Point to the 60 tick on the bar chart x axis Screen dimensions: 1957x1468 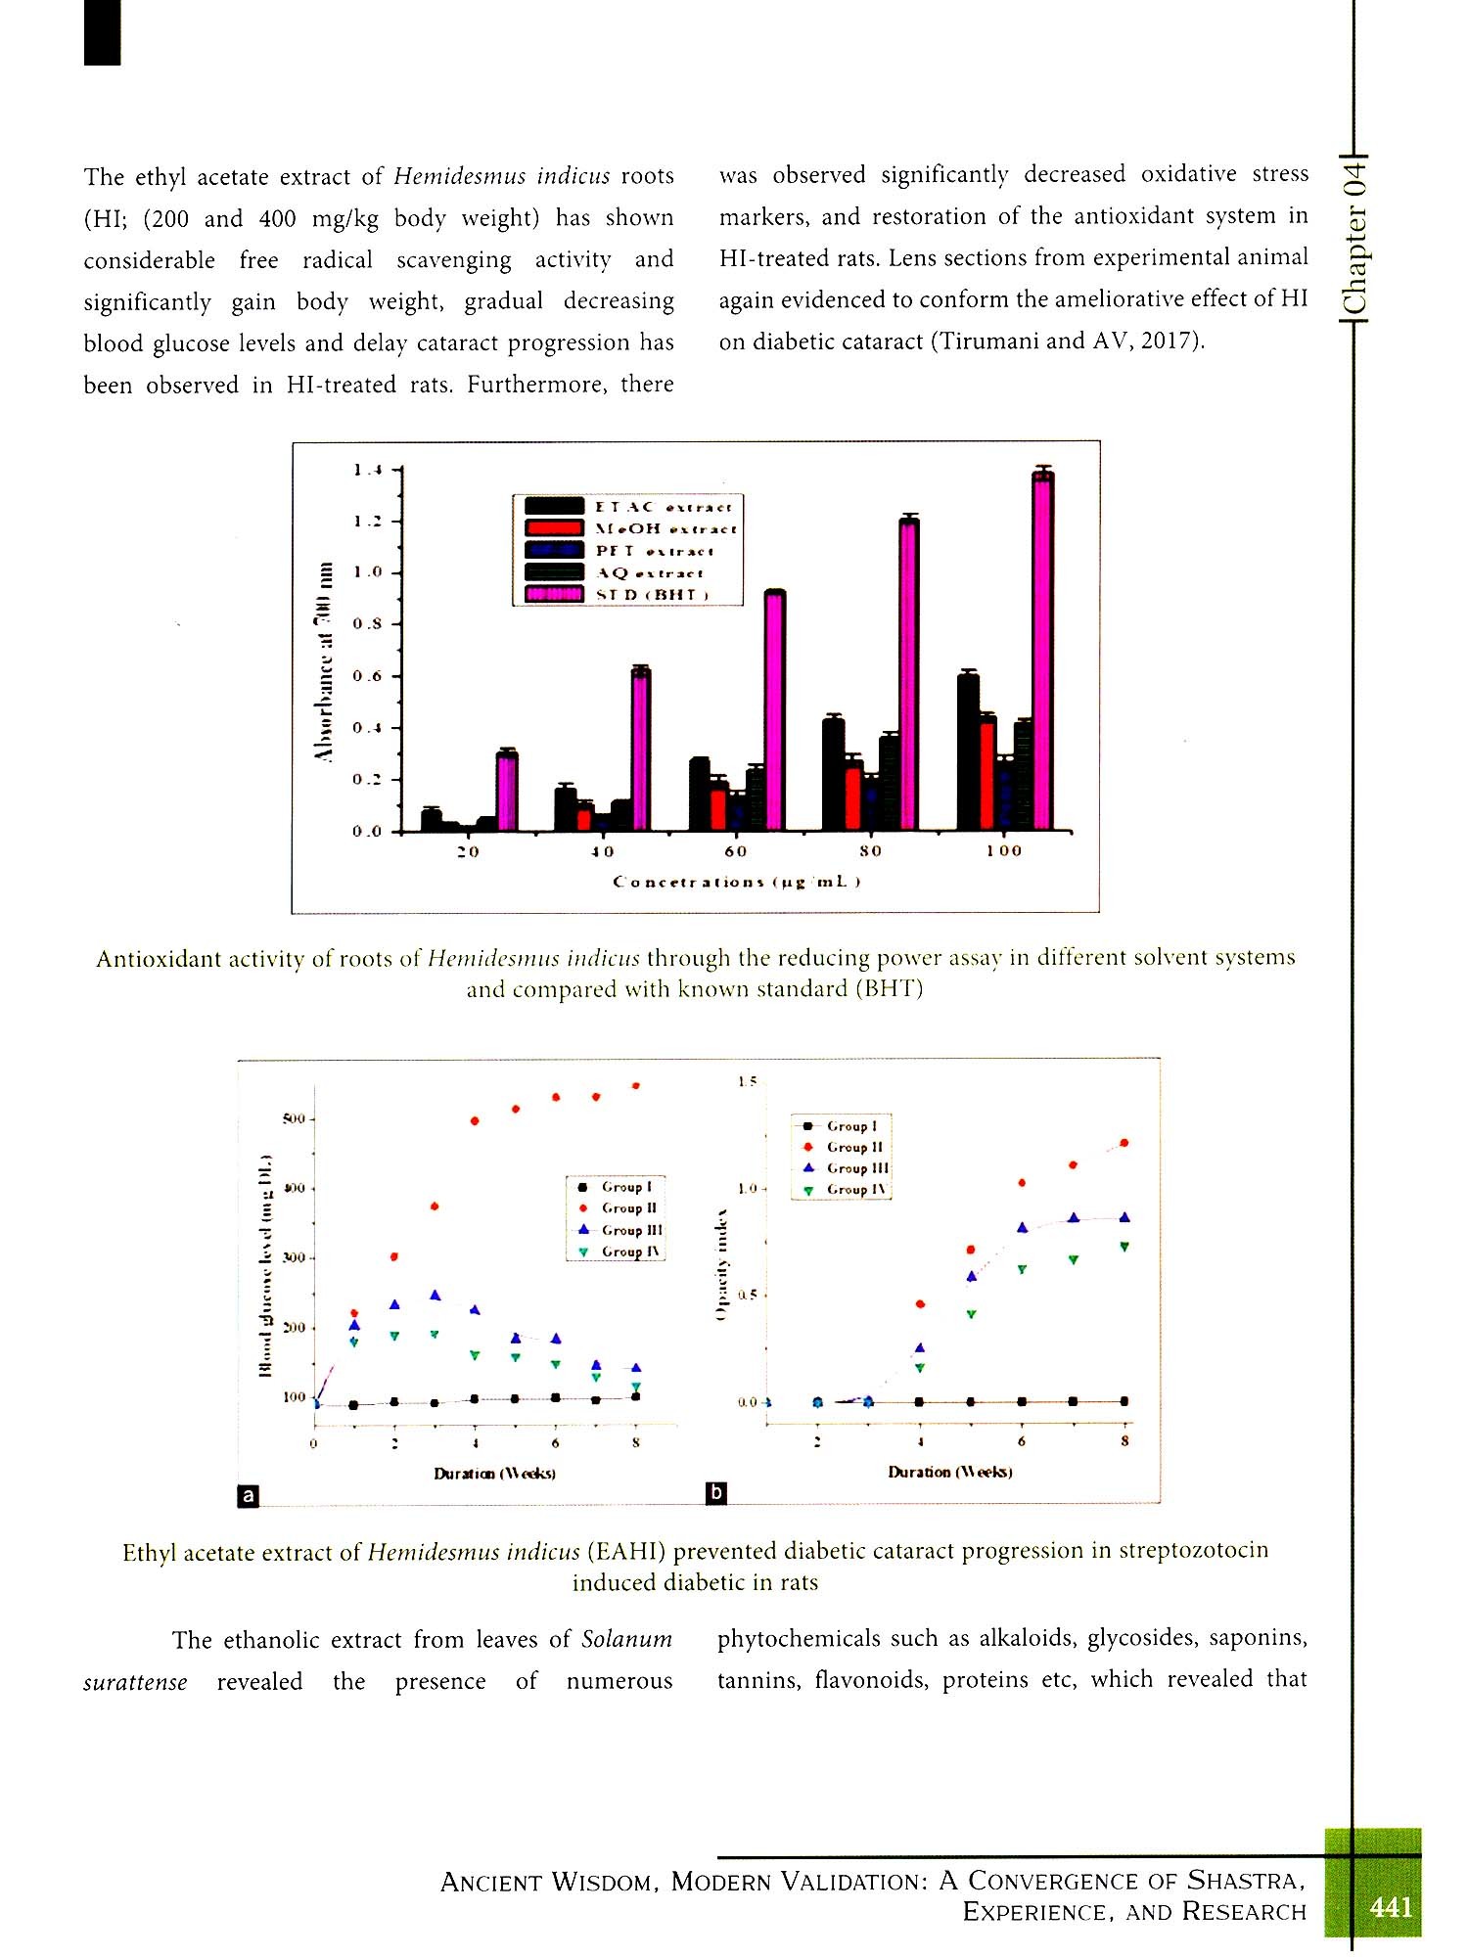pyautogui.click(x=736, y=851)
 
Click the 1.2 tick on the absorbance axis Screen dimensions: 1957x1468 pyautogui.click(x=368, y=522)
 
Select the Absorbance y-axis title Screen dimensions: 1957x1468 pyautogui.click(x=324, y=660)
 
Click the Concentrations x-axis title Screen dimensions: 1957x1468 pyautogui.click(x=736, y=882)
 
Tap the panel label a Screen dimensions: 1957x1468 pyautogui.click(x=249, y=1496)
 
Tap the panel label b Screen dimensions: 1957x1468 pyautogui.click(x=716, y=1493)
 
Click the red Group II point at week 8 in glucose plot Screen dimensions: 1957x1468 pyautogui.click(x=636, y=1086)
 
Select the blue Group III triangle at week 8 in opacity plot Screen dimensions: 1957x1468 pyautogui.click(x=1124, y=1217)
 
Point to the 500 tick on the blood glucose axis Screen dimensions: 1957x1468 pyautogui.click(x=295, y=1118)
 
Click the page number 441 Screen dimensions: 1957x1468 pyautogui.click(x=1391, y=1906)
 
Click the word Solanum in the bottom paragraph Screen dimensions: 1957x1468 pyautogui.click(x=626, y=1639)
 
